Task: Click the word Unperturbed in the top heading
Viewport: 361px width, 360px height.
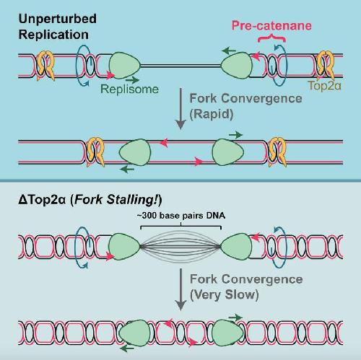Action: pyautogui.click(x=58, y=19)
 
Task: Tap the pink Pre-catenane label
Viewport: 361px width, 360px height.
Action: pyautogui.click(x=271, y=25)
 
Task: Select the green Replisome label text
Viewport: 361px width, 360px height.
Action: pyautogui.click(x=129, y=89)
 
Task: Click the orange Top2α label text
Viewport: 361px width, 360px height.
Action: pyautogui.click(x=324, y=85)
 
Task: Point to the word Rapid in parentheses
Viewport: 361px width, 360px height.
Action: pyautogui.click(x=212, y=114)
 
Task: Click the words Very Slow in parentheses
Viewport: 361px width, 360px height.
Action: pyautogui.click(x=225, y=294)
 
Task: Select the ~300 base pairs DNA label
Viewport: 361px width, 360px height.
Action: pyautogui.click(x=181, y=215)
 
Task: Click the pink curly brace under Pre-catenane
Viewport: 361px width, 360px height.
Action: pyautogui.click(x=271, y=38)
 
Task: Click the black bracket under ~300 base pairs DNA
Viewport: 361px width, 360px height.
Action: pyautogui.click(x=180, y=226)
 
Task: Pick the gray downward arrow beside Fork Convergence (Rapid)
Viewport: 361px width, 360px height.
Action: pyautogui.click(x=180, y=109)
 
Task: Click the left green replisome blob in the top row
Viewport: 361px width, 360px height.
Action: pyautogui.click(x=124, y=66)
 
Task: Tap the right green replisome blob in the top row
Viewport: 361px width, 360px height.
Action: pyautogui.click(x=237, y=66)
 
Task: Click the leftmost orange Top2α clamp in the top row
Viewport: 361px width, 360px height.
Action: pyautogui.click(x=45, y=66)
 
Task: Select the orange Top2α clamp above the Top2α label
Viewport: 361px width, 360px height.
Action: pyautogui.click(x=326, y=65)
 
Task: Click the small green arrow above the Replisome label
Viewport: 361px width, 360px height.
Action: pyautogui.click(x=133, y=79)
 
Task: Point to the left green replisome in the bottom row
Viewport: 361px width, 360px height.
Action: pyautogui.click(x=135, y=333)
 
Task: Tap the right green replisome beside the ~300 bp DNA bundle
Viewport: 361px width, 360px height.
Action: pyautogui.click(x=236, y=247)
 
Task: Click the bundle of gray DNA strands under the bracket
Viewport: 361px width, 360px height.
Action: pyautogui.click(x=180, y=246)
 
